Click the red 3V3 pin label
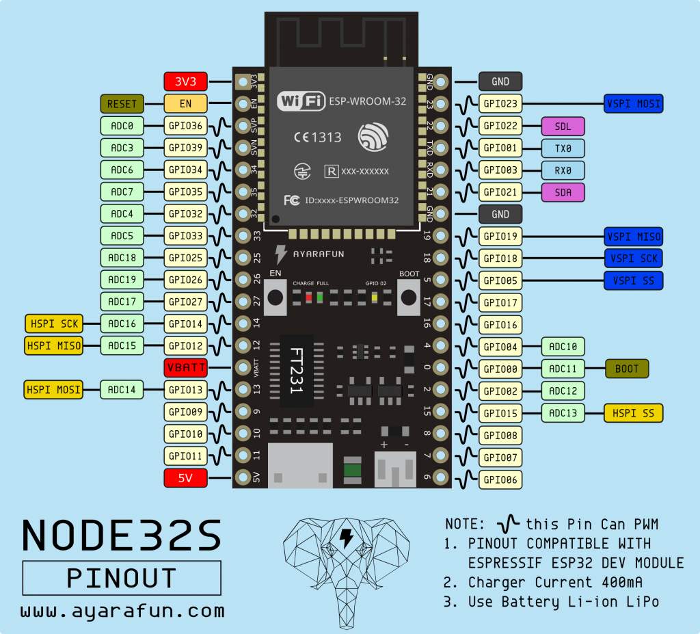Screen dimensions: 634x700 click(185, 82)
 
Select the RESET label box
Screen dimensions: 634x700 click(122, 104)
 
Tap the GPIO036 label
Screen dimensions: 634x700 click(185, 126)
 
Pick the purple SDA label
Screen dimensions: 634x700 click(563, 192)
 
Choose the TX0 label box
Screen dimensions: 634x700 click(563, 148)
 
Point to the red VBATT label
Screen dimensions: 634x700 click(185, 368)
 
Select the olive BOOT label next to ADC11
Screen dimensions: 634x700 click(627, 369)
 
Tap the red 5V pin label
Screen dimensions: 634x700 click(185, 478)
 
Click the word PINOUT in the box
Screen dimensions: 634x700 click(122, 578)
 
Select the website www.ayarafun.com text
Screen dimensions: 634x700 click(122, 609)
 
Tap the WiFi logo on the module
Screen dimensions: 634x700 click(301, 102)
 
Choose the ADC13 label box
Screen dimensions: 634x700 click(563, 412)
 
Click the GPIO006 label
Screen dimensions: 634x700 click(500, 479)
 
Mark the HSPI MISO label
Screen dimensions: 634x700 click(53, 346)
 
